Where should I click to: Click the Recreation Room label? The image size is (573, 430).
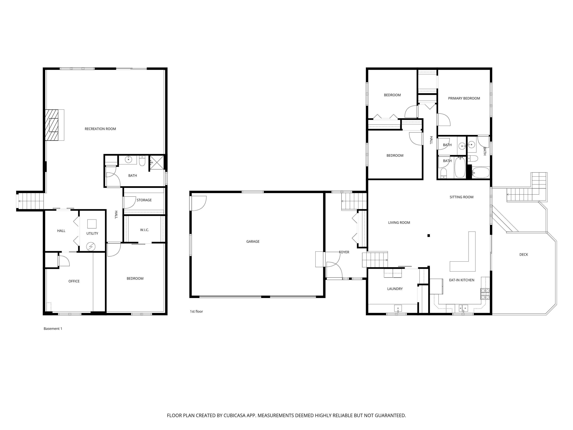pos(100,129)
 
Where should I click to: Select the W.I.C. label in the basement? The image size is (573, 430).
pos(145,230)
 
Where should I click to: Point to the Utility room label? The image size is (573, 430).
pos(92,233)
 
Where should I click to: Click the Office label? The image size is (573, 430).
pos(74,281)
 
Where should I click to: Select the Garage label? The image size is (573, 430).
pos(253,242)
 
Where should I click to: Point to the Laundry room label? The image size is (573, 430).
pos(395,289)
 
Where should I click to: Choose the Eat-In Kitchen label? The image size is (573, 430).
pos(462,280)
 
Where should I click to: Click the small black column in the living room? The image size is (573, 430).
pos(429,236)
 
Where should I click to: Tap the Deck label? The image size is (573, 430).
pos(524,255)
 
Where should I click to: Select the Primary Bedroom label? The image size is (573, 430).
pos(464,98)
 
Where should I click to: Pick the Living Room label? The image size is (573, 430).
pos(399,222)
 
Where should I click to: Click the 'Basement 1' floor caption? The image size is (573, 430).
pos(53,329)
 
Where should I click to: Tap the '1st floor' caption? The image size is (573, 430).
pos(196,311)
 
